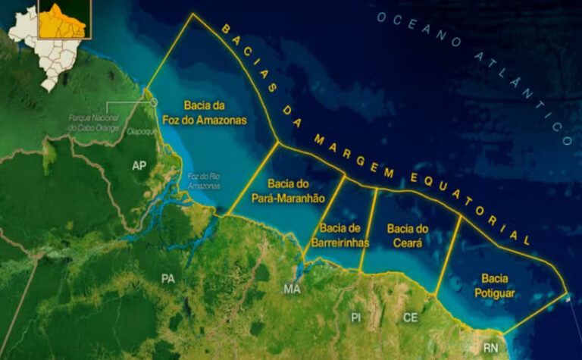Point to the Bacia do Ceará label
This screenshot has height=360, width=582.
[x=408, y=235]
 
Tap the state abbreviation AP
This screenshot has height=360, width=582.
[x=139, y=165]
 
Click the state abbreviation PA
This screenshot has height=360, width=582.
[x=168, y=278]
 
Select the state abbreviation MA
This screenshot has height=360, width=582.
[x=291, y=289]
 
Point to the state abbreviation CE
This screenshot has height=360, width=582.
[x=410, y=317]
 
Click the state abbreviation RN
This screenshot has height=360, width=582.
[x=490, y=348]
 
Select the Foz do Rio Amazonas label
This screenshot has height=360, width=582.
[x=202, y=181]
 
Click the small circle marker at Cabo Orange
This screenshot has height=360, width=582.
[x=154, y=102]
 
